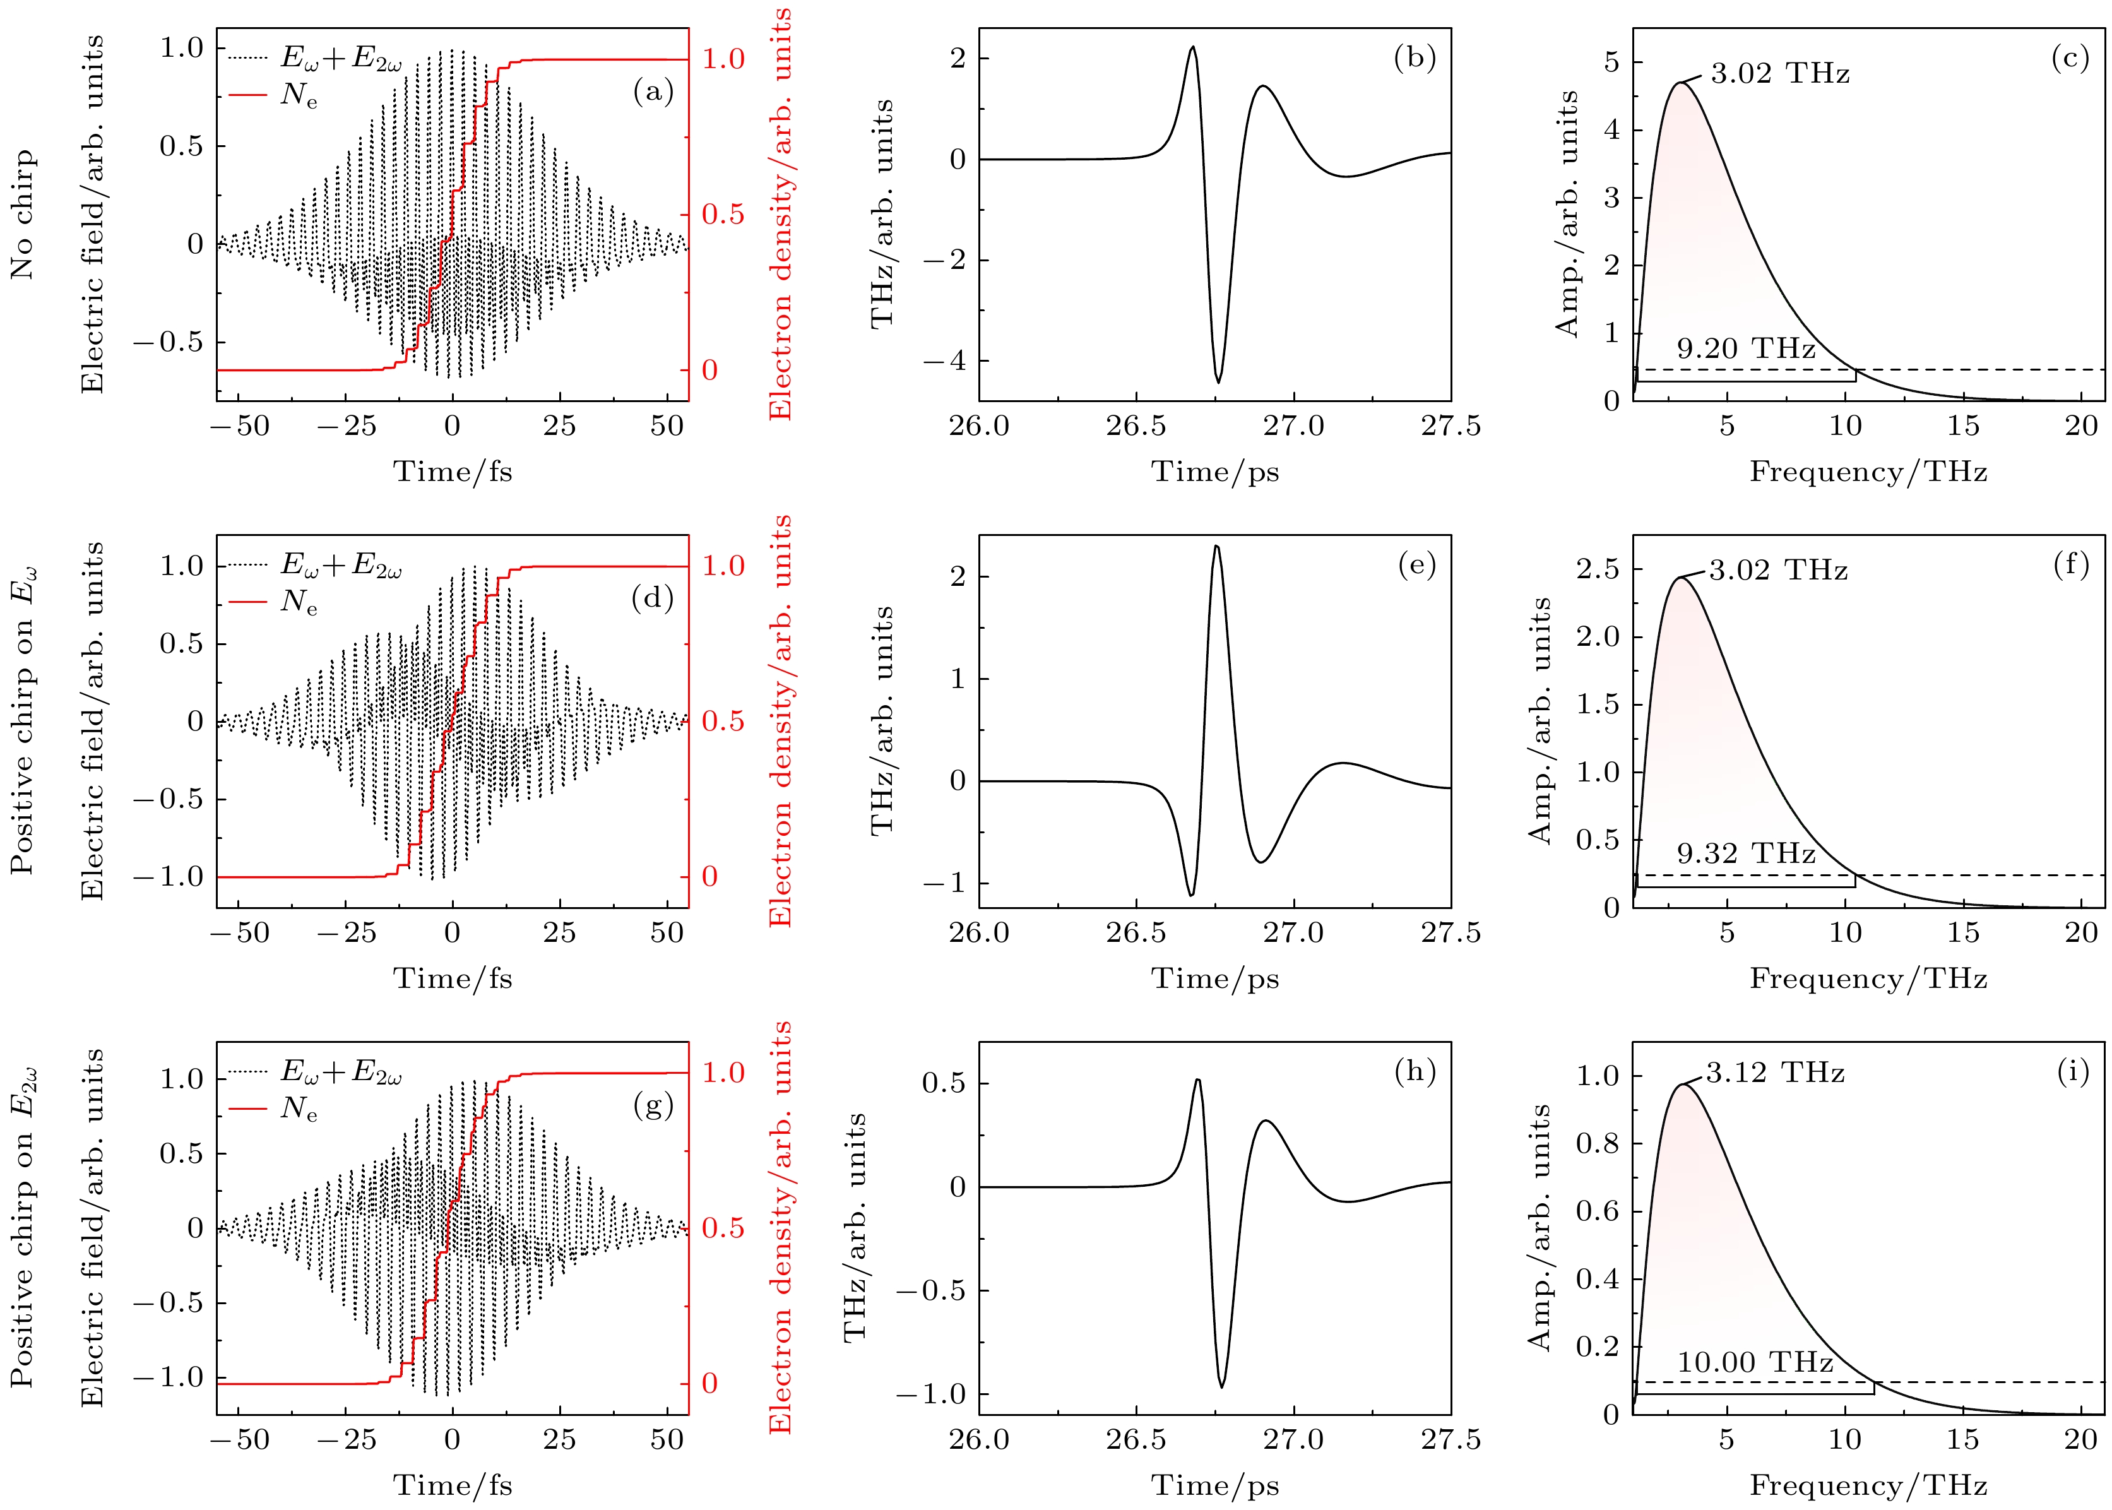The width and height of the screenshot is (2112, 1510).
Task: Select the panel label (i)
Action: pyautogui.click(x=2072, y=1071)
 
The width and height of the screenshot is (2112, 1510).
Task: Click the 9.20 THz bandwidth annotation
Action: pyautogui.click(x=1746, y=348)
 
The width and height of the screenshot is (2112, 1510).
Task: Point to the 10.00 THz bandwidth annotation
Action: pyautogui.click(x=1755, y=1362)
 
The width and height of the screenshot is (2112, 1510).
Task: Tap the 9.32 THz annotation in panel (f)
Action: pyautogui.click(x=1746, y=853)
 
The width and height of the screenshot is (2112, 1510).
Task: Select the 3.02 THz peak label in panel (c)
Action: pyautogui.click(x=1779, y=73)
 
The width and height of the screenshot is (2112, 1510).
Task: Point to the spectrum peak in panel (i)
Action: pyautogui.click(x=1683, y=1084)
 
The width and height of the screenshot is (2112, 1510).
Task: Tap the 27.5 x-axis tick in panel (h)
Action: pyautogui.click(x=1450, y=1439)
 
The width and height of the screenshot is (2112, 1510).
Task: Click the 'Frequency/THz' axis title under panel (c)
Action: pyautogui.click(x=1868, y=472)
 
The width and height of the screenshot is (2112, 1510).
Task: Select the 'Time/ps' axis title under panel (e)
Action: pyautogui.click(x=1215, y=978)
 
